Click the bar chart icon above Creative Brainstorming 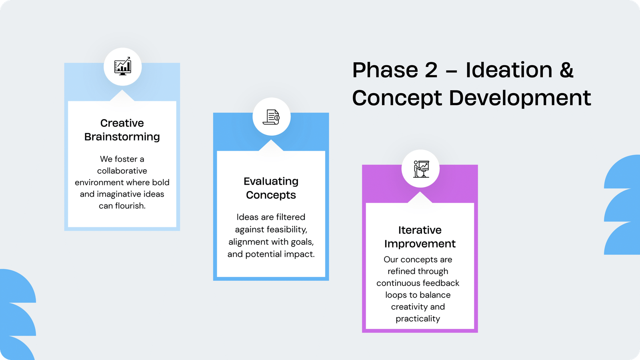tap(122, 66)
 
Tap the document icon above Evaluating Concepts tap(271, 117)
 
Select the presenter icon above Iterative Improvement tap(421, 169)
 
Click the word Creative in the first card tap(122, 123)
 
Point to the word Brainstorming tap(122, 137)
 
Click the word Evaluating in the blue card tap(271, 182)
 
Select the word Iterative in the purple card tap(420, 230)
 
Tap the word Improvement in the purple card tap(420, 244)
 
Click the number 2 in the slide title tap(431, 70)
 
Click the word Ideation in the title tap(509, 70)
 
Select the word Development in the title tap(520, 98)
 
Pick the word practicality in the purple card tap(418, 319)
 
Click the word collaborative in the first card tap(122, 170)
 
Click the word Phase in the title tap(385, 70)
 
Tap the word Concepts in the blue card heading tap(271, 196)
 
